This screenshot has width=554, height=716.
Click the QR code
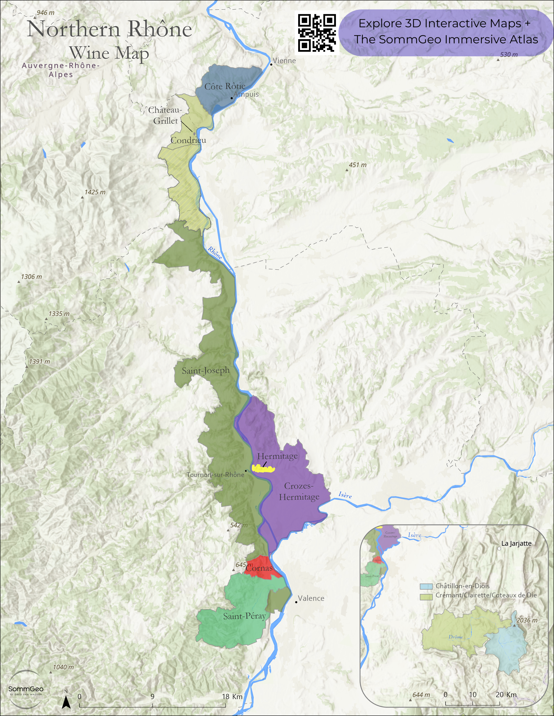pos(317,33)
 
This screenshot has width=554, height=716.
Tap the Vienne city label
pos(284,61)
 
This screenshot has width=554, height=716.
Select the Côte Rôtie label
pos(225,86)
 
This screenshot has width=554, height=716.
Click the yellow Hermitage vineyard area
pos(263,469)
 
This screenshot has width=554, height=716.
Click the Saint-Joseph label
pos(205,371)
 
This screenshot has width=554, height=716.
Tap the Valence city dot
pos(296,602)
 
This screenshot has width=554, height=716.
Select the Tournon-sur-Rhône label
pos(215,475)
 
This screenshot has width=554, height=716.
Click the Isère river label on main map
pos(345,495)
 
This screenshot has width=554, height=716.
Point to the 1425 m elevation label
pos(95,192)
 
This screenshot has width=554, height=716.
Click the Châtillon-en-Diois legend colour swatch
pos(426,586)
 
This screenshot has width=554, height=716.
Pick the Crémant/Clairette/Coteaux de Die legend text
pos(486,595)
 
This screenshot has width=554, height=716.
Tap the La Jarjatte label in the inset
pos(516,544)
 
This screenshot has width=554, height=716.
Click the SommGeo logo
pos(26,689)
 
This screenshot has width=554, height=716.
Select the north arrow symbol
pos(66,701)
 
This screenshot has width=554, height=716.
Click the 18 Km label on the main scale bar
pos(232,697)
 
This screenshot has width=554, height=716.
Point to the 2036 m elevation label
pos(527,620)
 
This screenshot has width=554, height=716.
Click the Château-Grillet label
pos(165,115)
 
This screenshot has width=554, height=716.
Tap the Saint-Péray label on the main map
pos(244,616)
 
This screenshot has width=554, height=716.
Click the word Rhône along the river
pos(215,253)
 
